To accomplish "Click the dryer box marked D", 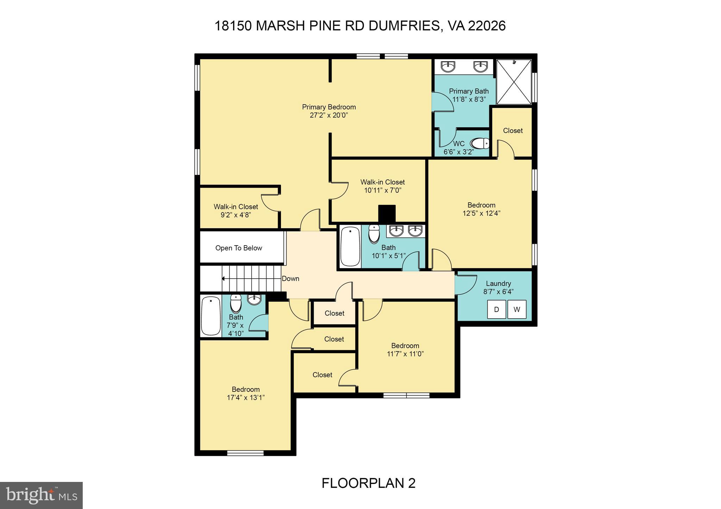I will (x=496, y=309).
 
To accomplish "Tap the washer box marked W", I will (x=516, y=309).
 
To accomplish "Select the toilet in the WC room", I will (x=481, y=144).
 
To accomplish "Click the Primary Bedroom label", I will (x=329, y=107).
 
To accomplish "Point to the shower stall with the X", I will (x=514, y=82).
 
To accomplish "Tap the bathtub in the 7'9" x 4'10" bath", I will (x=211, y=316).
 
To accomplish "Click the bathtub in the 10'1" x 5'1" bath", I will (x=350, y=246).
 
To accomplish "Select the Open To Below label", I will (x=239, y=248).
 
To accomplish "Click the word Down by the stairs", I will (x=290, y=279).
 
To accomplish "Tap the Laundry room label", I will (x=498, y=284).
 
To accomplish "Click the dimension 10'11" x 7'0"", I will (x=383, y=190).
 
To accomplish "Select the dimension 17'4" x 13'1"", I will (x=246, y=397).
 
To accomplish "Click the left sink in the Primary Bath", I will (x=448, y=66).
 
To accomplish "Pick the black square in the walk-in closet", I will (x=387, y=214).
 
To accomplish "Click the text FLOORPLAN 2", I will (x=368, y=483).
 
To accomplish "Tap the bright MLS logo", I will (x=41, y=495).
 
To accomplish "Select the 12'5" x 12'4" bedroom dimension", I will (x=481, y=213).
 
